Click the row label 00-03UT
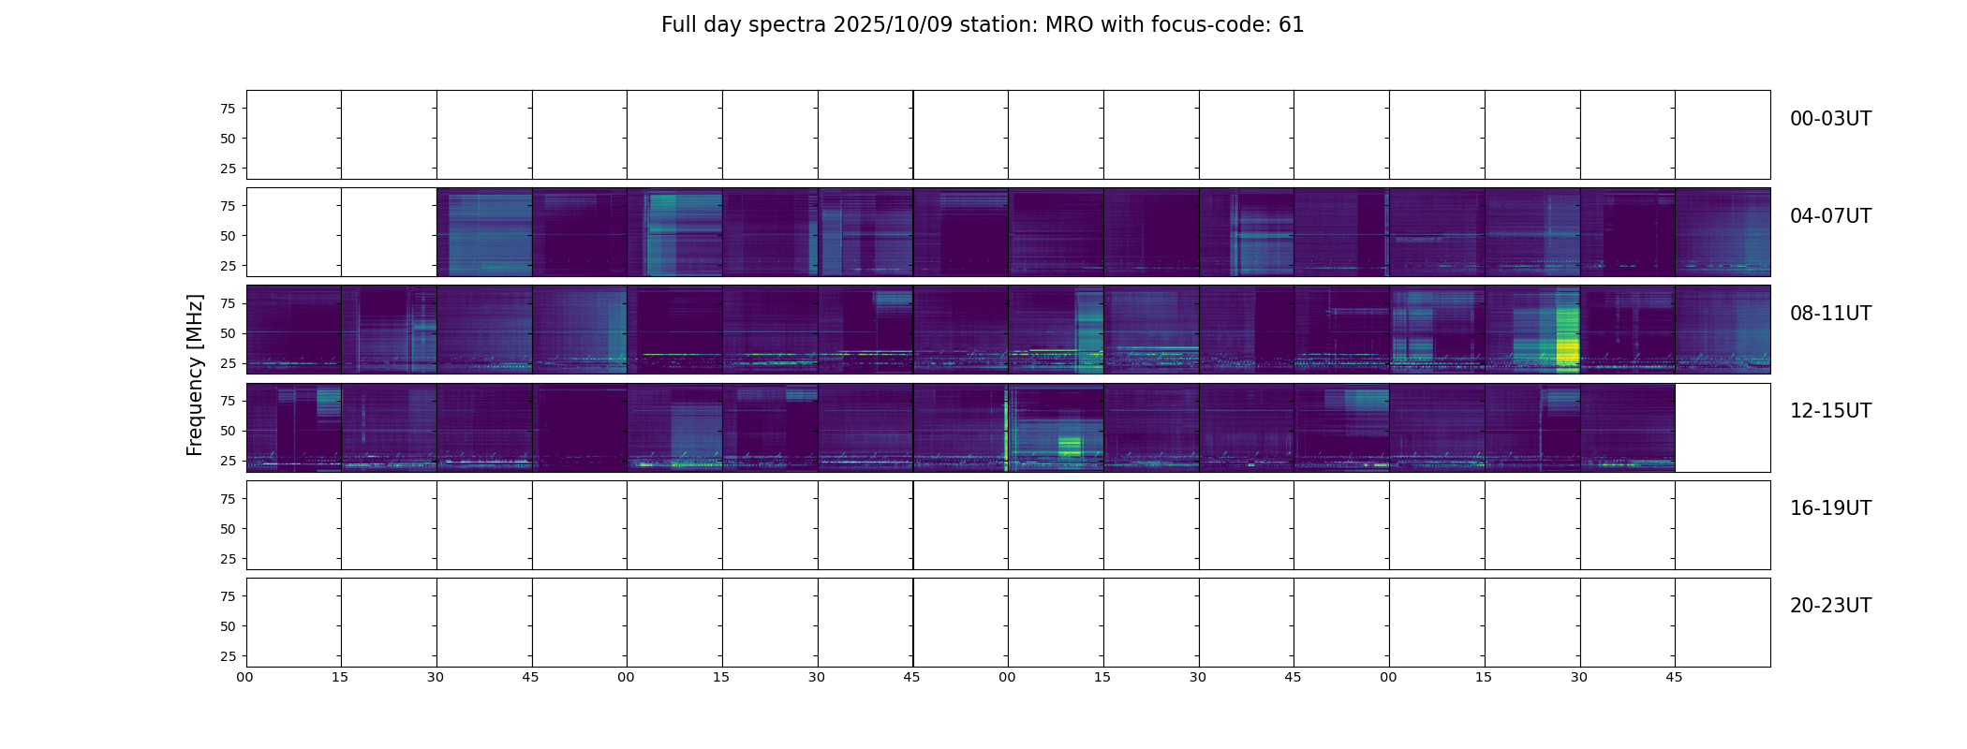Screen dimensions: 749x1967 (1829, 119)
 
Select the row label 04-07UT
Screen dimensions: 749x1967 (1829, 216)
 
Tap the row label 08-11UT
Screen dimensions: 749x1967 (1829, 314)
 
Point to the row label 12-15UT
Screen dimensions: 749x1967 (1829, 411)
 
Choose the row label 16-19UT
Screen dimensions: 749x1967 (1829, 508)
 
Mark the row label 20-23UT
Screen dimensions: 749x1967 (1829, 606)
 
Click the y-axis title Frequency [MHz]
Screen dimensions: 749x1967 (195, 374)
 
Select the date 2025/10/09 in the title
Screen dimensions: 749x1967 (893, 25)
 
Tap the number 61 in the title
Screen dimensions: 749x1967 (1291, 25)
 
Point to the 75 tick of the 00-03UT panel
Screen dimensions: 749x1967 (228, 109)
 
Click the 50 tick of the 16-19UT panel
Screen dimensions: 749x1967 (228, 529)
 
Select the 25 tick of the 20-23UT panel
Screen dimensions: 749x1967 (228, 656)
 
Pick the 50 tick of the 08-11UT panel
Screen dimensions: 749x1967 (228, 333)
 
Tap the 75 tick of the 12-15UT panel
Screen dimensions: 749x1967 (228, 401)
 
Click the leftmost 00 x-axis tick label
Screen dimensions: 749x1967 (244, 677)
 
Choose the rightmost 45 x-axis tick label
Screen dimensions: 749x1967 (1674, 677)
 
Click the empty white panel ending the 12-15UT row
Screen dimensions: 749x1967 (1722, 428)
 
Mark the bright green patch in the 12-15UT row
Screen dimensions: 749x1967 (1070, 446)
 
